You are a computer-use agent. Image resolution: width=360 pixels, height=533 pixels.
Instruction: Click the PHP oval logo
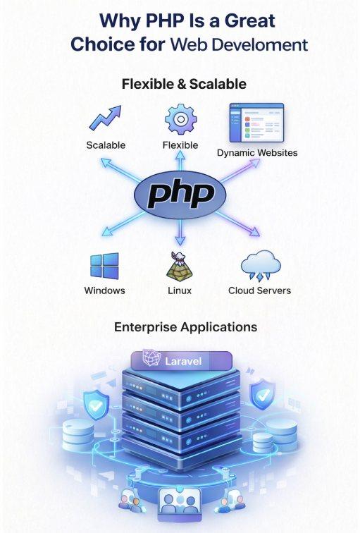point(180,195)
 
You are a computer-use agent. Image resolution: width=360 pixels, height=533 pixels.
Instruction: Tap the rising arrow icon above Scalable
point(105,118)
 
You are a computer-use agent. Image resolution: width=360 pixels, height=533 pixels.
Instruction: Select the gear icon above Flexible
point(180,119)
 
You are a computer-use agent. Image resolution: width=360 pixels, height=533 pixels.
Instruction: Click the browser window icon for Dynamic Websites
point(256,123)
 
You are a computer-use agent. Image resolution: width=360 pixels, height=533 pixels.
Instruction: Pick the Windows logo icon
point(104,266)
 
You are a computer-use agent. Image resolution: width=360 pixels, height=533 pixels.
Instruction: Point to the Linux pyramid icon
point(180,267)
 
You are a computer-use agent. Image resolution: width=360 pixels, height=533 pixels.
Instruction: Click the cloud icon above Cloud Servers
point(261,266)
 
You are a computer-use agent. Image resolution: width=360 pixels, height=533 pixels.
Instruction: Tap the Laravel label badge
point(181,361)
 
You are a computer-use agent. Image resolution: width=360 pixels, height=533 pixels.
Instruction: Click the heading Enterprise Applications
point(185,327)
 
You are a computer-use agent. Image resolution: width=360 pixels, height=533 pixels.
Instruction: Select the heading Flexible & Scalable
point(184,84)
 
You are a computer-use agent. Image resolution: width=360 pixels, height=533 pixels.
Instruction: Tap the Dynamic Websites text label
point(257,152)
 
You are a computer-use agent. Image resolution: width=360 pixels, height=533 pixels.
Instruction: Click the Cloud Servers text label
point(259,290)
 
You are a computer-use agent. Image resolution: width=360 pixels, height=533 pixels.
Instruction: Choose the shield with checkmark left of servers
point(96,405)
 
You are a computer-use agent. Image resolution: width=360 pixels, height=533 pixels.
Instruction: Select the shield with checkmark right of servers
point(263,395)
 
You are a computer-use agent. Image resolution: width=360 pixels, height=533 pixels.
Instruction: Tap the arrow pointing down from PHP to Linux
point(180,232)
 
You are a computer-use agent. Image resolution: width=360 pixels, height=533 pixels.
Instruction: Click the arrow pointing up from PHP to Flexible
point(180,161)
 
